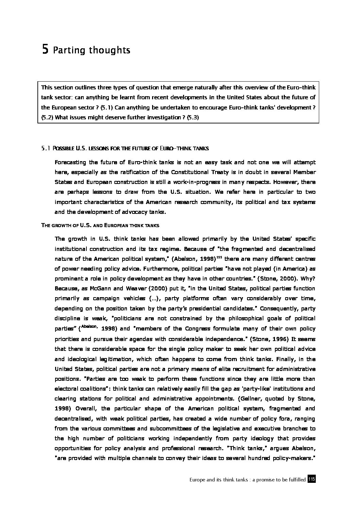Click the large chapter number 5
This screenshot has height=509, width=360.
[45, 50]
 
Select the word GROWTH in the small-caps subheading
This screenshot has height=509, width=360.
[61, 225]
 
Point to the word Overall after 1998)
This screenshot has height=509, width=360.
[86, 409]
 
